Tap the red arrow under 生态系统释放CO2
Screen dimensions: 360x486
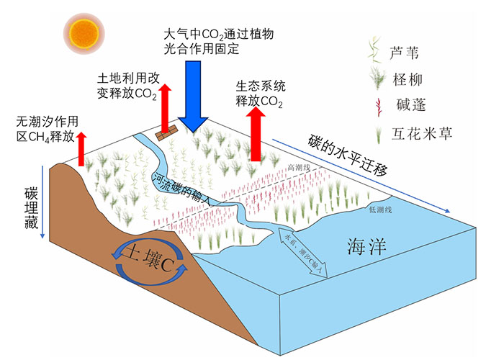(256, 134)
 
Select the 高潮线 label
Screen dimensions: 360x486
(297, 167)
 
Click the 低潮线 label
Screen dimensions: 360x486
(379, 210)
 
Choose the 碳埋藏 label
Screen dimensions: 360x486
(30, 210)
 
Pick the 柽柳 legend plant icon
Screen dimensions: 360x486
(374, 78)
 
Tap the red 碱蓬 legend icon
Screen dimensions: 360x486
(374, 107)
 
